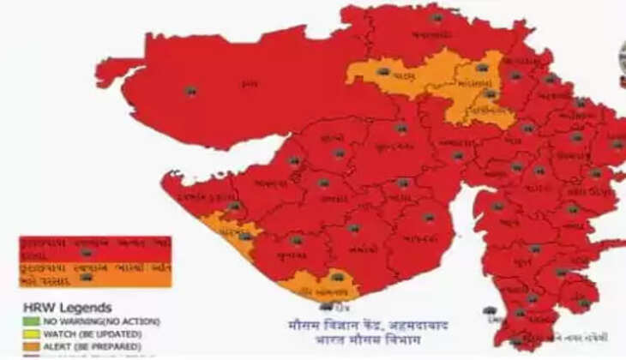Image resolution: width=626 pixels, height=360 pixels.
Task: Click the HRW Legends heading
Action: [55, 307]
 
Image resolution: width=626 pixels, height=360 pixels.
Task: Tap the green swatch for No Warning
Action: [28, 321]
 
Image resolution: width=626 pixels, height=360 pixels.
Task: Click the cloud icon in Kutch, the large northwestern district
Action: [190, 90]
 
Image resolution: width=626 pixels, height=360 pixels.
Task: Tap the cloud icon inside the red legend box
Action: [86, 253]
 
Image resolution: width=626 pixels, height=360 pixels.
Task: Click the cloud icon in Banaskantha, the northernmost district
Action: [436, 16]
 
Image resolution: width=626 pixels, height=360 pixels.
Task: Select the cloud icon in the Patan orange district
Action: [382, 71]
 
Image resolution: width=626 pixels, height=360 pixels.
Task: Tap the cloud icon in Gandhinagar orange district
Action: [489, 93]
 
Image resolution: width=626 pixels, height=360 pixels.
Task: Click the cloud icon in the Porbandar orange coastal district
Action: [245, 235]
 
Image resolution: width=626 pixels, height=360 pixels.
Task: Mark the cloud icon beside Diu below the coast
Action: [326, 306]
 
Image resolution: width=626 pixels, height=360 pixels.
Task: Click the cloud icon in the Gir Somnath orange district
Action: [337, 278]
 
